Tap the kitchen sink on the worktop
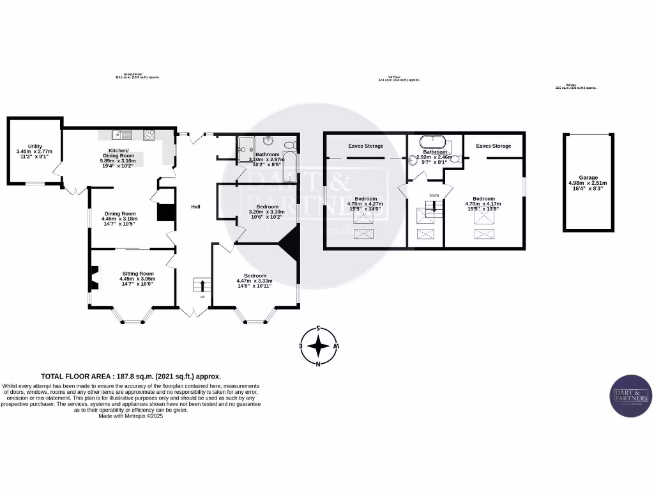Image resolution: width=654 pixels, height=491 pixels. coord(121,134)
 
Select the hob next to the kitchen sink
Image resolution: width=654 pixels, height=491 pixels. coord(149,134)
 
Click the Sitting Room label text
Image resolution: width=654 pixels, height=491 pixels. coord(137,274)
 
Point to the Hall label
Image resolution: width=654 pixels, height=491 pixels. coord(196,207)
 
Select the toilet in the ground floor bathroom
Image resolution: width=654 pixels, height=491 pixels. coord(291,144)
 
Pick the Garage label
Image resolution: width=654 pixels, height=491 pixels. coord(588,178)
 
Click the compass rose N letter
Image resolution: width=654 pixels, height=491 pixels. coord(318,364)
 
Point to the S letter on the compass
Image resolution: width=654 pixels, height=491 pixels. coord(318,329)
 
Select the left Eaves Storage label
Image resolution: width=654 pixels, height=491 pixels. coord(365,146)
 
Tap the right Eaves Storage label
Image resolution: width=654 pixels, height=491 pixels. coord(493,146)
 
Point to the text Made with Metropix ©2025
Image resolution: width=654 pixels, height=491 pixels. coord(131,416)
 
